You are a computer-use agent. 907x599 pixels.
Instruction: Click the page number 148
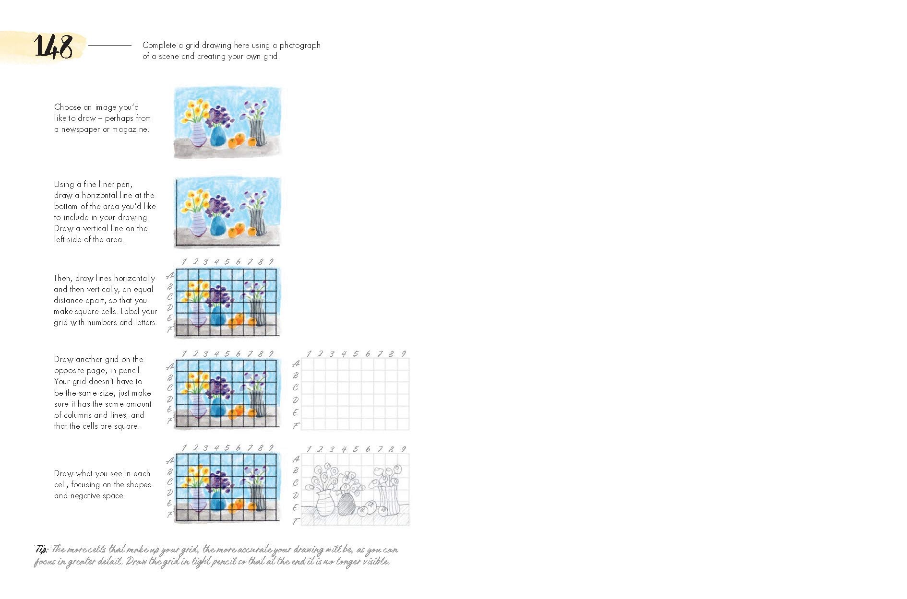[53, 47]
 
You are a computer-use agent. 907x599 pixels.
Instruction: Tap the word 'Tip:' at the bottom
[41, 549]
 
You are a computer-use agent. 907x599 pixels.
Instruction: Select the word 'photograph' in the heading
[300, 46]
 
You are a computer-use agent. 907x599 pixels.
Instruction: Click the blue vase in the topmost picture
[217, 135]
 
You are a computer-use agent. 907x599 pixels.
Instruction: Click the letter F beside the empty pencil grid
[296, 425]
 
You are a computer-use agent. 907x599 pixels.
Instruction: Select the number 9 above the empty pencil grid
[404, 353]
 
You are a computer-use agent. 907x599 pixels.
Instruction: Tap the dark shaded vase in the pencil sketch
[346, 504]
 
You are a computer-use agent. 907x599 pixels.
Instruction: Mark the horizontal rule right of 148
[110, 46]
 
